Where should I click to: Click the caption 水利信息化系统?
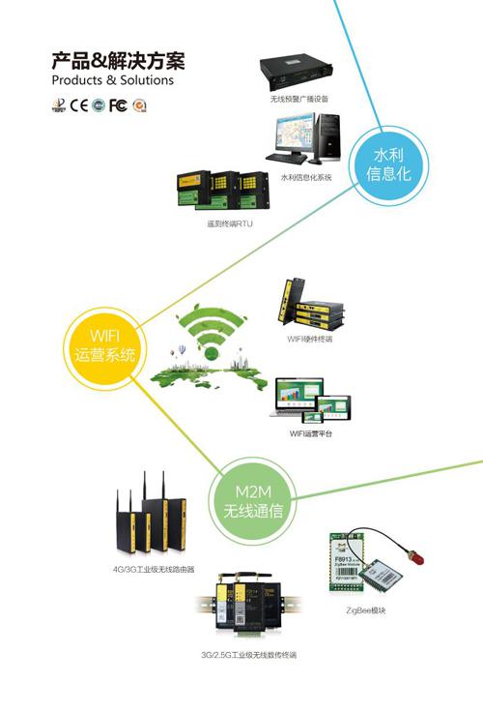(306, 177)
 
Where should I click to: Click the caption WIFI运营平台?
(312, 434)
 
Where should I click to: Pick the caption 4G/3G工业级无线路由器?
(156, 569)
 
